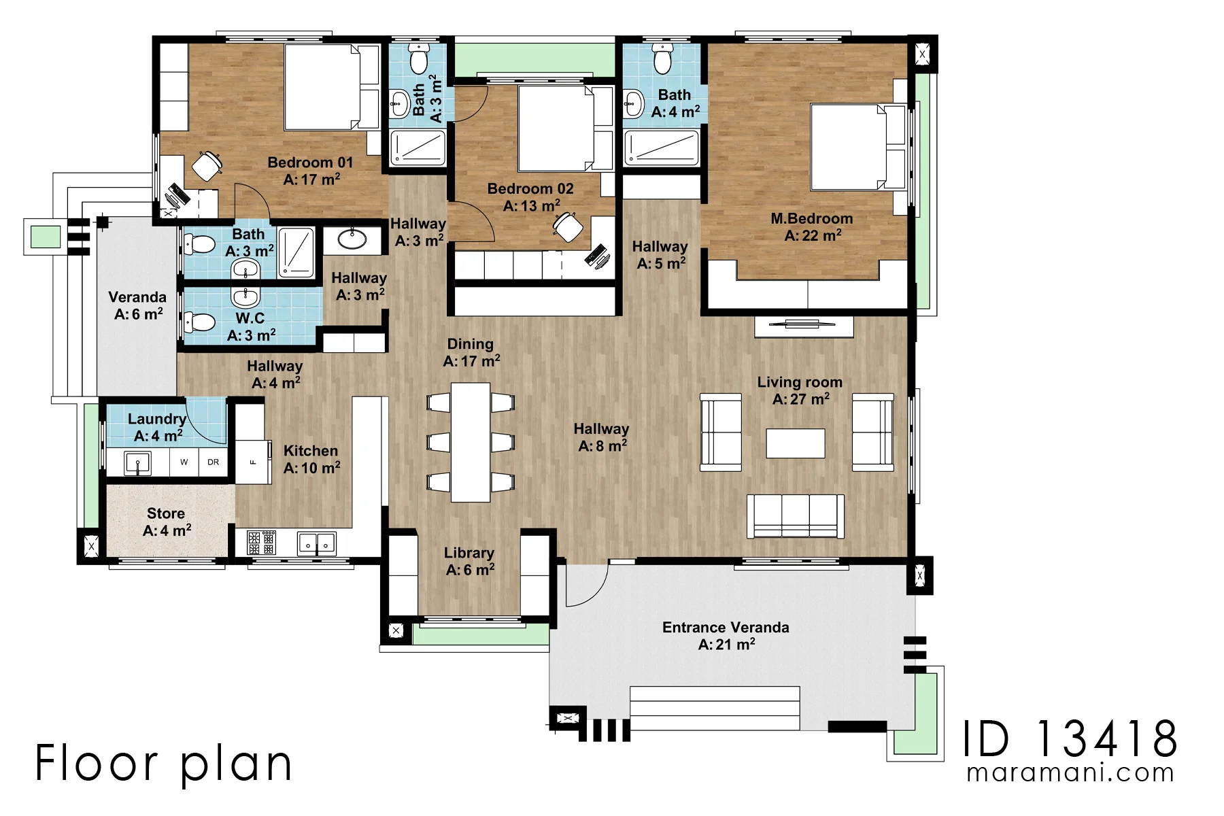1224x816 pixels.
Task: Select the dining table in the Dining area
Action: pyautogui.click(x=471, y=442)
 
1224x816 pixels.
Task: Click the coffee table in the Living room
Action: pyautogui.click(x=796, y=443)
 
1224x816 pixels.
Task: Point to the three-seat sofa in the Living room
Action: pyautogui.click(x=796, y=516)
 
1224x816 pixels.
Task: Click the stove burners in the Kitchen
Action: pyautogui.click(x=261, y=543)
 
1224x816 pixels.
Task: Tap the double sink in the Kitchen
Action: pyautogui.click(x=317, y=543)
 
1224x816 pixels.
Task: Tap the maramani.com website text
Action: pyautogui.click(x=1070, y=773)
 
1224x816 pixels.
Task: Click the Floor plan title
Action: pyautogui.click(x=163, y=763)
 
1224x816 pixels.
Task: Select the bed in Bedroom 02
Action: pyautogui.click(x=556, y=128)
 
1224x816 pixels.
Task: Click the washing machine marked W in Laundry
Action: pyautogui.click(x=184, y=462)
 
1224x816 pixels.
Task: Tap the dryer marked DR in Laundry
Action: pyautogui.click(x=213, y=462)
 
